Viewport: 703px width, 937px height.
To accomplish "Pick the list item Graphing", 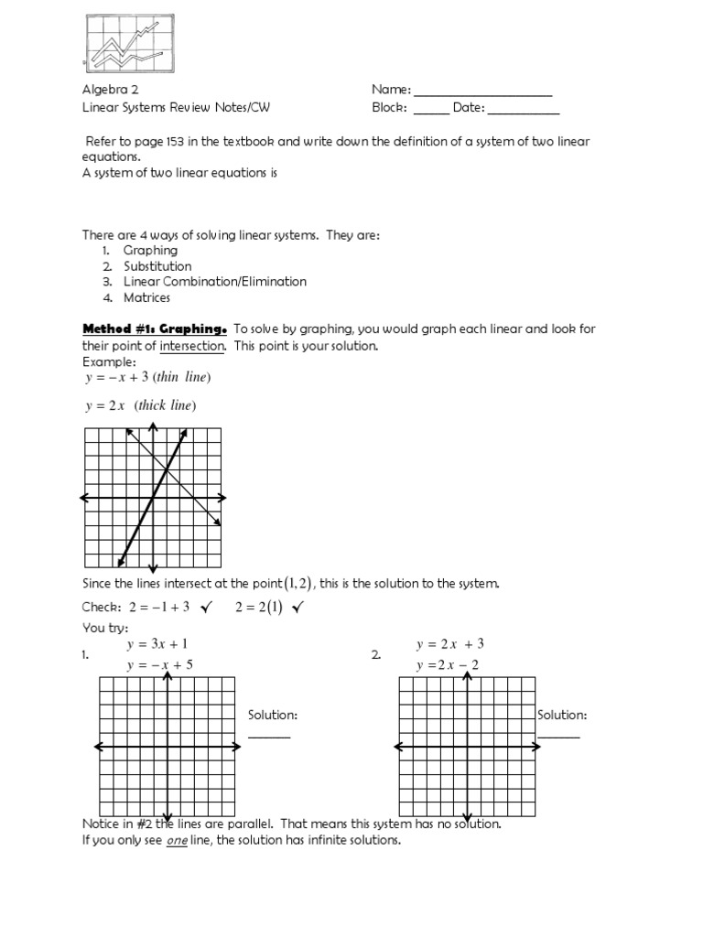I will coord(151,251).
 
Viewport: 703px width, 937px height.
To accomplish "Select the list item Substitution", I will coord(157,266).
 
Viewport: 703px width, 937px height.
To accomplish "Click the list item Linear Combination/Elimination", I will coord(215,282).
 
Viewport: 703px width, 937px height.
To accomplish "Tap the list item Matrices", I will coord(147,297).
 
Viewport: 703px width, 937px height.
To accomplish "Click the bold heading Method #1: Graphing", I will coord(155,329).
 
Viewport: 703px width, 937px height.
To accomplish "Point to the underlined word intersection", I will coord(192,346).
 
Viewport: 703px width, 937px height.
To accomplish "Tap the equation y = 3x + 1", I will coord(157,644).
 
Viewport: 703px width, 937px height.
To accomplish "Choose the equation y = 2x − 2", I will coord(449,664).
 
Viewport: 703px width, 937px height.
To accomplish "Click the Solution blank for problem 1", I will coord(269,736).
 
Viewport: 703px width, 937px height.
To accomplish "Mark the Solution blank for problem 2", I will coord(558,736).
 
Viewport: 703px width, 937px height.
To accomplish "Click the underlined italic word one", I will coord(177,840).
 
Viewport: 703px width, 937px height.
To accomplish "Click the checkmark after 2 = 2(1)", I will coord(297,609).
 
